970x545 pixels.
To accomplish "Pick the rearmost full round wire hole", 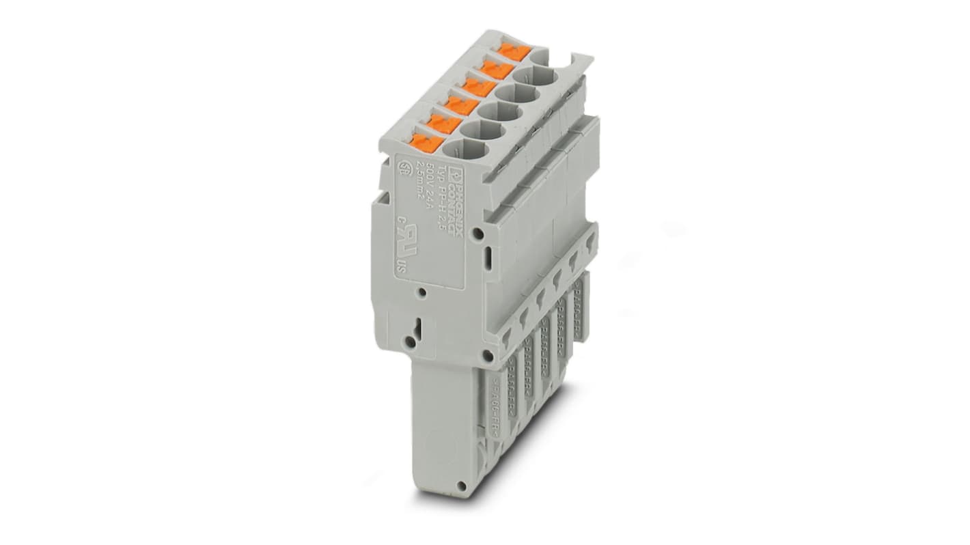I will coord(534,74).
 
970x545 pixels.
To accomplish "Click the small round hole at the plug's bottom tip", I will coord(462,486).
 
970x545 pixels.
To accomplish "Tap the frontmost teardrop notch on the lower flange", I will coord(506,335).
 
